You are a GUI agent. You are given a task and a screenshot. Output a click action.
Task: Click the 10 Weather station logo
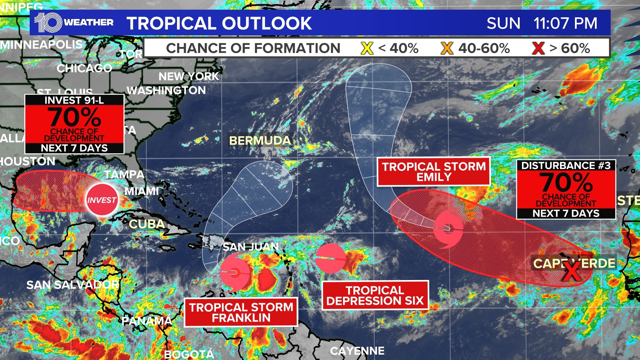point(73,23)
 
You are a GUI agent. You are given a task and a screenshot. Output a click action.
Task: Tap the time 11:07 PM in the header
point(565,23)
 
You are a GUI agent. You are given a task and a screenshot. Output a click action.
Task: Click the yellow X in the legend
point(367,48)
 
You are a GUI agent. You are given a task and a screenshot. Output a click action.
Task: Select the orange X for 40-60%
point(447,48)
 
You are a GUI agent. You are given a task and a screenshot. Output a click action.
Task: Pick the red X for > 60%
point(538,48)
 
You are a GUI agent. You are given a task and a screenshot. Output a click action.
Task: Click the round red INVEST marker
point(102,200)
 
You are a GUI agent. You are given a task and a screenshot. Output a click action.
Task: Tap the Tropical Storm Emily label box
point(433,172)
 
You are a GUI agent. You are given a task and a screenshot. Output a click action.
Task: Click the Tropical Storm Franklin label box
point(241,312)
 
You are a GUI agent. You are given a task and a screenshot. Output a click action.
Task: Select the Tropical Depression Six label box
point(375,295)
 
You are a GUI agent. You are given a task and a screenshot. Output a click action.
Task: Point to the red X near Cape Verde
point(572,271)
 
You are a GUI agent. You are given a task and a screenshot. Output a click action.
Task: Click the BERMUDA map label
point(260,141)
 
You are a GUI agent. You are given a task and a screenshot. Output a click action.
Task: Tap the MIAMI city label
point(142,191)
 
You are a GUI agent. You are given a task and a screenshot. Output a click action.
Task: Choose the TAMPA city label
point(124,174)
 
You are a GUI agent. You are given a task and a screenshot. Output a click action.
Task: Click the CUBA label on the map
point(147,224)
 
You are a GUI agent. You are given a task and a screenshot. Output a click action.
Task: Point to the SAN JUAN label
point(251,247)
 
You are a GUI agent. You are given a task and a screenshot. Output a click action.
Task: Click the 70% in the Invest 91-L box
point(74,117)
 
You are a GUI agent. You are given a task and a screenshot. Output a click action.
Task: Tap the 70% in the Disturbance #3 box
point(566,182)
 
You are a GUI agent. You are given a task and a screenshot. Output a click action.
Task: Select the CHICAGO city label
point(84,68)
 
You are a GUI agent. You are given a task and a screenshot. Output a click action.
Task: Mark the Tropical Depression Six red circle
point(331,258)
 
